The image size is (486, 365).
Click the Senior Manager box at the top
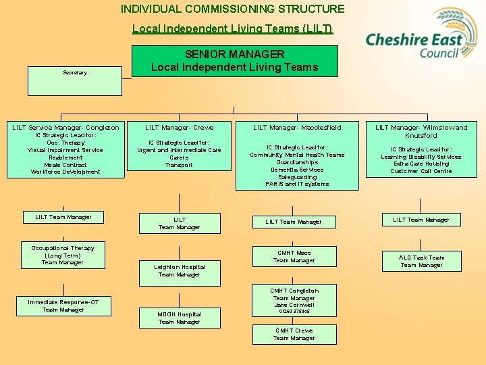(x=234, y=61)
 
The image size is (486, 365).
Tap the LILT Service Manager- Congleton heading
(x=65, y=127)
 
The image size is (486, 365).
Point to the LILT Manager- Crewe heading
(x=180, y=127)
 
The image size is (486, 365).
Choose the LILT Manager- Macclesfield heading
(x=297, y=127)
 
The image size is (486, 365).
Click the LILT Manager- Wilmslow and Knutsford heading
(x=421, y=131)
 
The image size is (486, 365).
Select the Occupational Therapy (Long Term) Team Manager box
(x=63, y=255)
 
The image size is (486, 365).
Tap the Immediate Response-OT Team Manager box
(x=63, y=306)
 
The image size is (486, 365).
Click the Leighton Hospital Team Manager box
(x=180, y=270)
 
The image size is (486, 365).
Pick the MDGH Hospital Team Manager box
(x=180, y=318)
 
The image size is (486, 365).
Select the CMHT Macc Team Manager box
(x=294, y=256)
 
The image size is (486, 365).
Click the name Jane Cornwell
(x=294, y=305)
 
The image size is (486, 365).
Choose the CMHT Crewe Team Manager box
(x=294, y=334)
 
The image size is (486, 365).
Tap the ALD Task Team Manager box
(x=421, y=261)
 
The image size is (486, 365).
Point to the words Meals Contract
(x=65, y=164)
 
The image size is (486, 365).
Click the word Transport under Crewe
(x=179, y=164)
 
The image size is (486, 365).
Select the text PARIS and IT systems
(x=297, y=184)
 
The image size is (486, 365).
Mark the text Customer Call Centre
(x=421, y=171)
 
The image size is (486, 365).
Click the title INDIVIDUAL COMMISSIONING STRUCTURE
(x=232, y=9)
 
